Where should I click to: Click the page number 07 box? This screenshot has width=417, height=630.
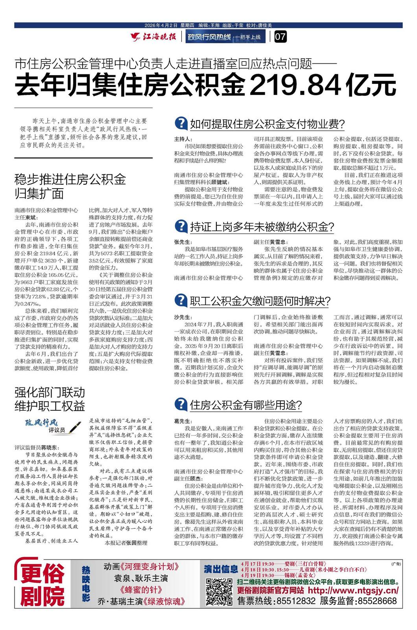(x=281, y=37)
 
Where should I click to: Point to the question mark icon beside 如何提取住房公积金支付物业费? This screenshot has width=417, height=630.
(x=180, y=124)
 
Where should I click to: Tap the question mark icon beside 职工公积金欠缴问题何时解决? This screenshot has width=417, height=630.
(x=180, y=301)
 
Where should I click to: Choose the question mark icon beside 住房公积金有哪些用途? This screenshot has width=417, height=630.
(x=180, y=404)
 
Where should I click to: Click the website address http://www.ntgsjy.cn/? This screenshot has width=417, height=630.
(x=353, y=591)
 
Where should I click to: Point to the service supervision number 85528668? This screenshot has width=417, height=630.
(x=375, y=601)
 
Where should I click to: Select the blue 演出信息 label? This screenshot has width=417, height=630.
(x=221, y=569)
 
